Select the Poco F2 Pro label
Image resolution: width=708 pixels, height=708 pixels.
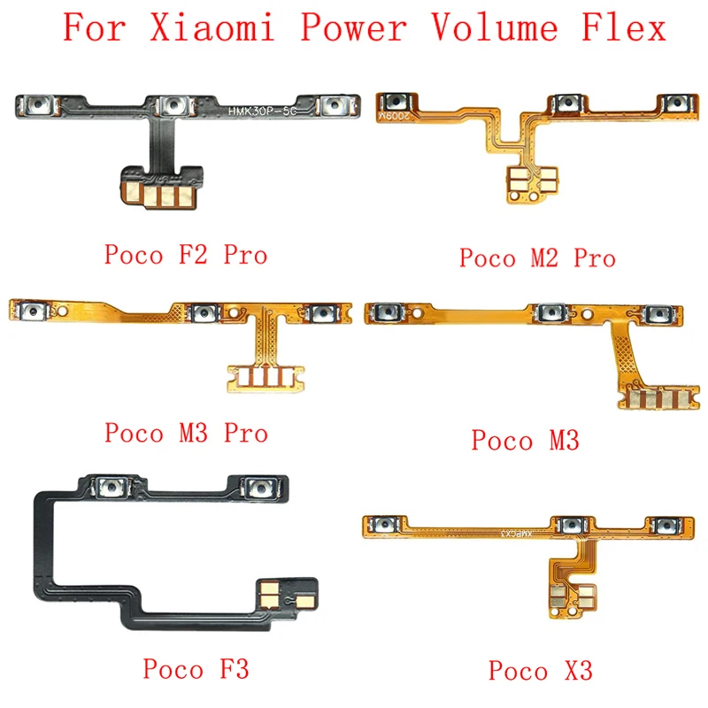186,256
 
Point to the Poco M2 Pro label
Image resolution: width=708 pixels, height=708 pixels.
537,258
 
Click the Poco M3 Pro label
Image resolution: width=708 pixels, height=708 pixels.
186,433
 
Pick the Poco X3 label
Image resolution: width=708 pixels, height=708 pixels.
537,670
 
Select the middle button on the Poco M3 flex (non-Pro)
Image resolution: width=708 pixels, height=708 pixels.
549,313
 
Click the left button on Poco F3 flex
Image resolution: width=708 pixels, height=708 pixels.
111,488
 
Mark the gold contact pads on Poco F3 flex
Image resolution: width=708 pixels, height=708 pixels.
287,593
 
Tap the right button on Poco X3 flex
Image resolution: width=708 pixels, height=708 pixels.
668,526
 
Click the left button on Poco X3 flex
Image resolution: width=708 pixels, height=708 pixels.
386,526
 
